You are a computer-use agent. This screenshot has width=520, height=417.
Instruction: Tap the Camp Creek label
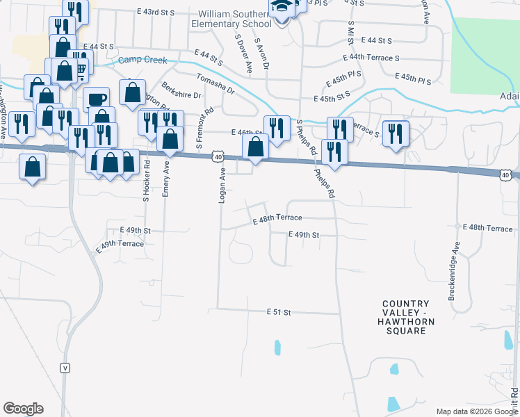point(139,60)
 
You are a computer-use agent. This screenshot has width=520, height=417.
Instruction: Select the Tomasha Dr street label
point(216,83)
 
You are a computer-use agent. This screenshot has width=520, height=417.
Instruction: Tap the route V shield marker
point(65,368)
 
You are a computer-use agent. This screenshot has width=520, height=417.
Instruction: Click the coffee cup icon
point(97,99)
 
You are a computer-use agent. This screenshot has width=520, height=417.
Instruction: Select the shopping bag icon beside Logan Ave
point(255,147)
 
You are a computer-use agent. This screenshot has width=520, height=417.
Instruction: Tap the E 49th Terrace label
point(117,245)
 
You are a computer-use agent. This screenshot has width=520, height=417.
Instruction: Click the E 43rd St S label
point(156,12)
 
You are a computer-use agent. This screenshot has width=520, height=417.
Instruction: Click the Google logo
point(23,409)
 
